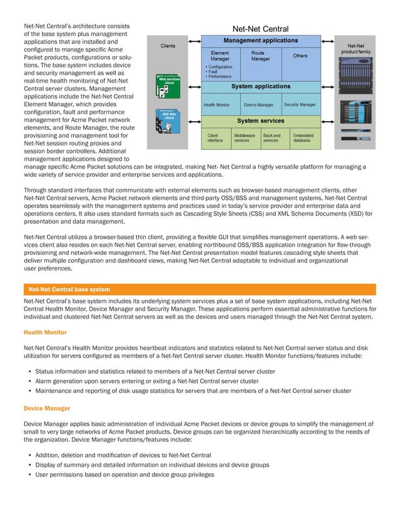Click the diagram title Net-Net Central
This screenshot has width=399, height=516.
(260, 29)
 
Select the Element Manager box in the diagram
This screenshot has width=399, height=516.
(220, 56)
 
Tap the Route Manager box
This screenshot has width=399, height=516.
(260, 56)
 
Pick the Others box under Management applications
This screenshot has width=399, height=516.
(300, 56)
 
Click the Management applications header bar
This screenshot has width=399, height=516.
(260, 40)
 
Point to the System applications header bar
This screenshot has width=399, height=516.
(260, 86)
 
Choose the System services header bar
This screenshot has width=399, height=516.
(260, 121)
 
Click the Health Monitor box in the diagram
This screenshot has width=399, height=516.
(217, 104)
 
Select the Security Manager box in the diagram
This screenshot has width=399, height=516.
(300, 104)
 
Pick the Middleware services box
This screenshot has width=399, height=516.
(243, 138)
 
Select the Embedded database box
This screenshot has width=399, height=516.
(303, 138)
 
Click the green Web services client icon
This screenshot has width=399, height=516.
(168, 87)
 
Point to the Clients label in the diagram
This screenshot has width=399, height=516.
(168, 46)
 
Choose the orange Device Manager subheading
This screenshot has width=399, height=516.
(47, 408)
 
